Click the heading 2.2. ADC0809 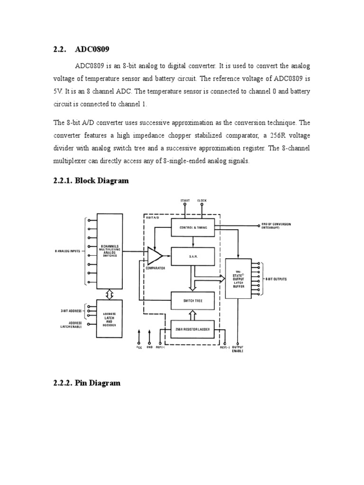(x=84, y=49)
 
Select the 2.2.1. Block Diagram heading (x=91, y=180)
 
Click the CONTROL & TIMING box (x=193, y=228)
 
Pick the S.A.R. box (x=193, y=256)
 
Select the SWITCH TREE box (x=193, y=300)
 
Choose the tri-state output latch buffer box (x=238, y=278)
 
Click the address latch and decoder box (x=109, y=318)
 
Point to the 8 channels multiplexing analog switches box (x=109, y=249)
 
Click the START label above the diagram (x=185, y=201)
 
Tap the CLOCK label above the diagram (x=202, y=201)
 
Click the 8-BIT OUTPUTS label (x=275, y=279)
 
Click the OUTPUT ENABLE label (x=238, y=349)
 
